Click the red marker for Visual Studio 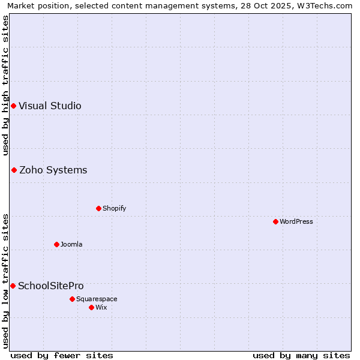[x=13, y=106]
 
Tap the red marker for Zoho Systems [x=14, y=170]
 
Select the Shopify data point [x=98, y=209]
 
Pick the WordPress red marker [x=275, y=222]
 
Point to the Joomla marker [x=56, y=245]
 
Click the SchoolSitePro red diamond [x=13, y=286]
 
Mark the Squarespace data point [x=72, y=299]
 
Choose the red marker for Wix [x=91, y=307]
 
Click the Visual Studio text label [x=50, y=106]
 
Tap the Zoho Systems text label [x=53, y=170]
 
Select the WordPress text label [x=296, y=222]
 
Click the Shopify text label [x=114, y=209]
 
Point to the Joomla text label [x=71, y=245]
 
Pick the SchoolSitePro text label [x=51, y=286]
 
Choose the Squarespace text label [x=97, y=299]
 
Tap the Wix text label [x=101, y=307]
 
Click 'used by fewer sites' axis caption [x=62, y=355]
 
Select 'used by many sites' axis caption [x=301, y=355]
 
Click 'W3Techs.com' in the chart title [x=328, y=5]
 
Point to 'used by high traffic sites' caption [x=5, y=85]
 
